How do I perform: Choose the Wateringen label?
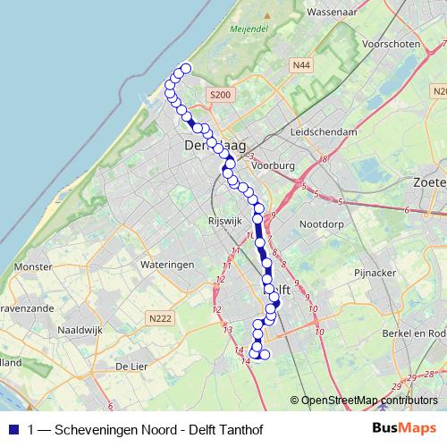tap(167, 266)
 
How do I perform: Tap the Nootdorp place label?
tap(322, 224)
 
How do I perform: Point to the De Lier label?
tap(129, 367)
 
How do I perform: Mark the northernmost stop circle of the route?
tap(186, 69)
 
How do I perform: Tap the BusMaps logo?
tap(405, 428)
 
